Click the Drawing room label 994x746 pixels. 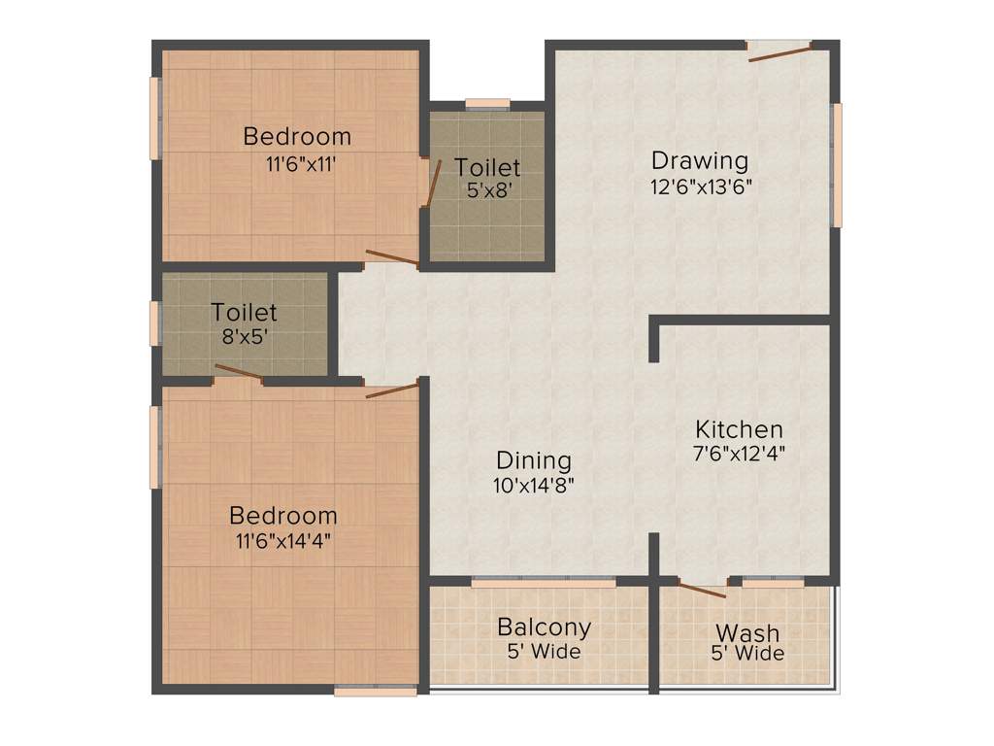(699, 160)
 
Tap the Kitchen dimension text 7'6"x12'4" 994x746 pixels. (739, 454)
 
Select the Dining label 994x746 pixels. (534, 460)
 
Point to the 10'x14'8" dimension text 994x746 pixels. (534, 485)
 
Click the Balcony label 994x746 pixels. (544, 627)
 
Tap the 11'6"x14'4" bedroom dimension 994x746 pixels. (283, 542)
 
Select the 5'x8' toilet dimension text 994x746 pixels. (488, 191)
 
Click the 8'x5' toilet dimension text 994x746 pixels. (245, 338)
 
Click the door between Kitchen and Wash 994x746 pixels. (702, 589)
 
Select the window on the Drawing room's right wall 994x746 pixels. (837, 165)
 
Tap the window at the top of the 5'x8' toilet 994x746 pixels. (487, 104)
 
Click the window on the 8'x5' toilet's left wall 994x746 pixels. (154, 323)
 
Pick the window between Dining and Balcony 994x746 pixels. (544, 582)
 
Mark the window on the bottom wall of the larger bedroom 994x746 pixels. (362, 691)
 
